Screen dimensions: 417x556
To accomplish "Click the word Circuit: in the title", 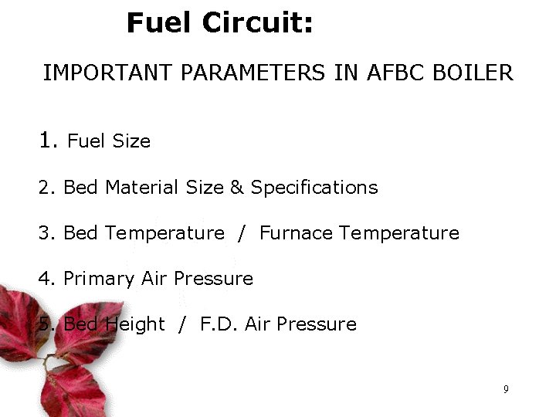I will tap(258, 22).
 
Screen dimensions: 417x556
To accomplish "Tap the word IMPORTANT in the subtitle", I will tap(107, 73).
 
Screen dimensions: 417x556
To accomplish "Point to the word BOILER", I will tap(473, 73).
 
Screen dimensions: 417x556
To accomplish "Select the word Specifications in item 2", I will tap(314, 188).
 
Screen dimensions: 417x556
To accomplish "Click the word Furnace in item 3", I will tap(297, 233).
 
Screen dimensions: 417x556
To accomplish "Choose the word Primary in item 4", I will tap(99, 279).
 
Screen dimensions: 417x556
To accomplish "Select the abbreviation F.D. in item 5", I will tap(219, 324).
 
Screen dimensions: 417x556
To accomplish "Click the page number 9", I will tap(506, 389).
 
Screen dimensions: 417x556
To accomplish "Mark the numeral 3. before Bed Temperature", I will tap(46, 233).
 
